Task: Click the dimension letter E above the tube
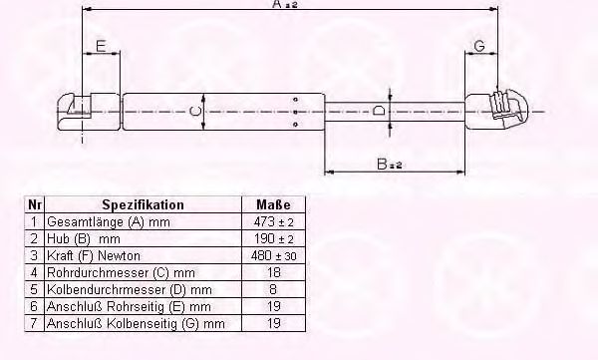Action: (x=101, y=46)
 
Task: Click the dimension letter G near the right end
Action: (x=479, y=46)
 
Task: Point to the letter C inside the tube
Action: (x=195, y=112)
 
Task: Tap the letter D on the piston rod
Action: (x=379, y=111)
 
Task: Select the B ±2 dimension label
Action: (x=390, y=165)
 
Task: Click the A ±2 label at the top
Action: (x=285, y=4)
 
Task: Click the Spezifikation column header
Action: (x=143, y=205)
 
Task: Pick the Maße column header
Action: (x=273, y=205)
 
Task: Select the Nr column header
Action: (x=34, y=205)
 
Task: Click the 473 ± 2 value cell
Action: (x=273, y=221)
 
